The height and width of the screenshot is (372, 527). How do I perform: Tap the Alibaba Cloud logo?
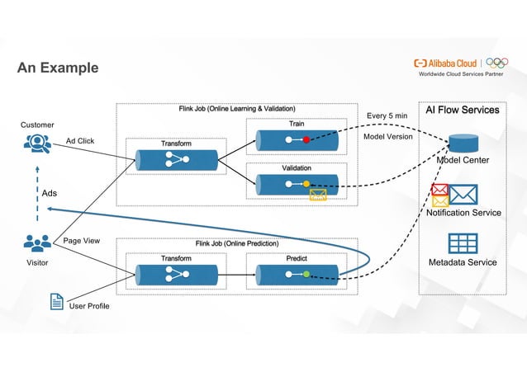click(447, 63)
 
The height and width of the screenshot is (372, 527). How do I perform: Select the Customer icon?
click(37, 144)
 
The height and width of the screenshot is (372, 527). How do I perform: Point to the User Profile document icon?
click(57, 302)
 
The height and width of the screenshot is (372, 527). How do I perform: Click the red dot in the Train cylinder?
click(306, 140)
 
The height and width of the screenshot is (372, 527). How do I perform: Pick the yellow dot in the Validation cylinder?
click(306, 183)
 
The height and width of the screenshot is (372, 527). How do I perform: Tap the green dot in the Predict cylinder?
click(306, 273)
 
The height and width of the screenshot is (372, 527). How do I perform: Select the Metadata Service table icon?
click(463, 243)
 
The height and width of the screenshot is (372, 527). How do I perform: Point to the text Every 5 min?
click(387, 116)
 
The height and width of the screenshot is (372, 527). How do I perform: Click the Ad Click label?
click(80, 141)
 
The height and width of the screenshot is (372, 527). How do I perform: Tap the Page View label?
click(81, 241)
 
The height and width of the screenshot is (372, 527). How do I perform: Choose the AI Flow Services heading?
click(462, 110)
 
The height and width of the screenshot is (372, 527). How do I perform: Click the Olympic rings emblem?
click(497, 63)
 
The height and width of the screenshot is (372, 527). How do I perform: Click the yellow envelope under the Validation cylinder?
click(318, 195)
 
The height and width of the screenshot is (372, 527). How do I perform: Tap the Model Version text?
click(388, 137)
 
